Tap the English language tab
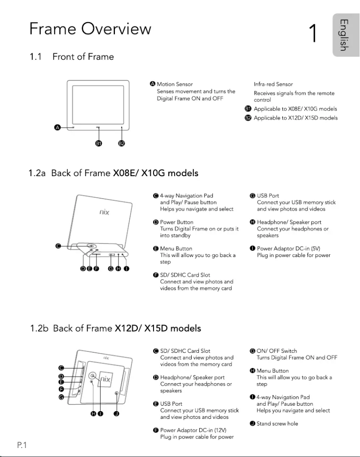pos(343,35)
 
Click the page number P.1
pos(22,445)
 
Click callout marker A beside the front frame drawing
pos(57,128)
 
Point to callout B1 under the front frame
pos(98,143)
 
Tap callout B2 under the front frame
pos(121,143)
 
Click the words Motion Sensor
pos(175,84)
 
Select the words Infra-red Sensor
pos(273,84)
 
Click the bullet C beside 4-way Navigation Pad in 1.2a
pos(155,195)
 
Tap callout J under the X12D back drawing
pos(116,414)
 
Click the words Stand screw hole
pos(277,423)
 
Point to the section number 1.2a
pos(37,173)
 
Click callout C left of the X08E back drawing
pos(57,246)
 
